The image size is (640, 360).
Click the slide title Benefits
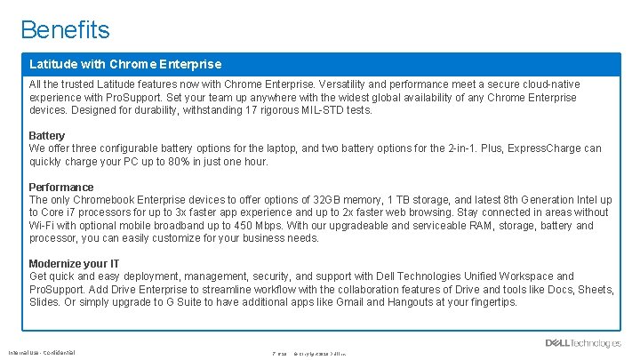point(66,29)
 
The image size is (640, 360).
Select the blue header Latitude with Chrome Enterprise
point(125,64)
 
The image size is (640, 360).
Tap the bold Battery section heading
point(47,135)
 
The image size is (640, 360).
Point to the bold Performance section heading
point(61,187)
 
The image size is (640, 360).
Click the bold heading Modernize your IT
point(74,263)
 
